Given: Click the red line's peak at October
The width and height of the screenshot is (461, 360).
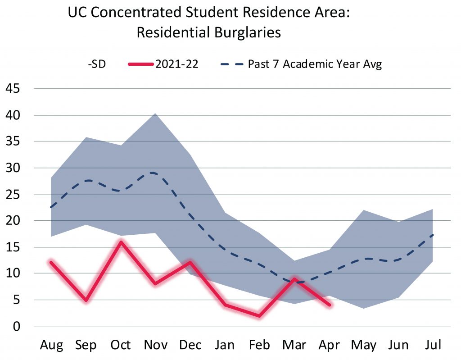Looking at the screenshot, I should (x=121, y=242).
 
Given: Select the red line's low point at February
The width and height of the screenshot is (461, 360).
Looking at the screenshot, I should (x=260, y=315).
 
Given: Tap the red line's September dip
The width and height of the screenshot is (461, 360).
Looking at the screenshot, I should (x=86, y=300).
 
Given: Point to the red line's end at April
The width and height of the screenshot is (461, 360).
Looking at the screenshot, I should (x=330, y=305).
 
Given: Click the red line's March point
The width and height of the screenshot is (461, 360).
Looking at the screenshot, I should (x=294, y=279).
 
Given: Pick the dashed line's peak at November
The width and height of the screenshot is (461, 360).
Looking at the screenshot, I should (x=154, y=173).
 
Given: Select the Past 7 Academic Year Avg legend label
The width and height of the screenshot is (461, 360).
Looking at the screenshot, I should (x=315, y=64).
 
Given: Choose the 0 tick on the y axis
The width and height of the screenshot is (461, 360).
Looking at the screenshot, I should (x=17, y=326).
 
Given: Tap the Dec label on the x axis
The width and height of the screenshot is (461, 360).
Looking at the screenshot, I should (x=190, y=345).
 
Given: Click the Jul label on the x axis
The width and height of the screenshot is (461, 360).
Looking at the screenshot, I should (x=433, y=345).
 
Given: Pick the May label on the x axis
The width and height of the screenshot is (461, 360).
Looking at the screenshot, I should (x=364, y=345).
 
